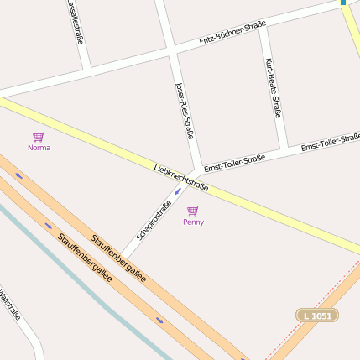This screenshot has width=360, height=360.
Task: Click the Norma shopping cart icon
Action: pyautogui.click(x=38, y=136)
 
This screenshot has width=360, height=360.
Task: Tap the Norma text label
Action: pyautogui.click(x=39, y=148)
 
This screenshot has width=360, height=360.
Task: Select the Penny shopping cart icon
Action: pyautogui.click(x=193, y=211)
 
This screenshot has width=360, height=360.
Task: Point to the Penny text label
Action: pyautogui.click(x=193, y=222)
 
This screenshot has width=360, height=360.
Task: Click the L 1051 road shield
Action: pyautogui.click(x=317, y=315)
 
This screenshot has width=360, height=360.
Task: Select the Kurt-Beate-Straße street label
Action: pyautogui.click(x=273, y=88)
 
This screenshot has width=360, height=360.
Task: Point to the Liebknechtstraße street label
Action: pyautogui.click(x=181, y=177)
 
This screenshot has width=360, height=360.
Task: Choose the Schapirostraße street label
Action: pyautogui.click(x=154, y=220)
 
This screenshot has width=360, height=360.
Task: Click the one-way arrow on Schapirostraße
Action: pyautogui.click(x=177, y=190)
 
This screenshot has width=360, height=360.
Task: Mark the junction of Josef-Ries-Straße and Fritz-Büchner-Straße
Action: pyautogui.click(x=171, y=52)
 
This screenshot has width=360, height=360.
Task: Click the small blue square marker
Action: pyautogui.click(x=343, y=3)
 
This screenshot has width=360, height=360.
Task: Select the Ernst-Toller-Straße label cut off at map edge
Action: pyautogui.click(x=331, y=141)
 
